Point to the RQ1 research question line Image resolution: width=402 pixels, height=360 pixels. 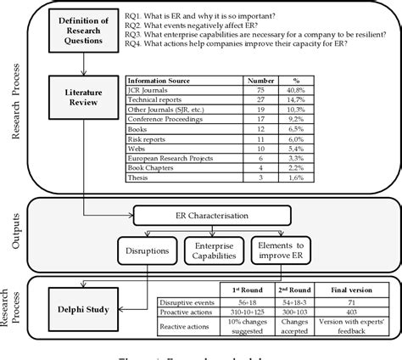tap(228, 14)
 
